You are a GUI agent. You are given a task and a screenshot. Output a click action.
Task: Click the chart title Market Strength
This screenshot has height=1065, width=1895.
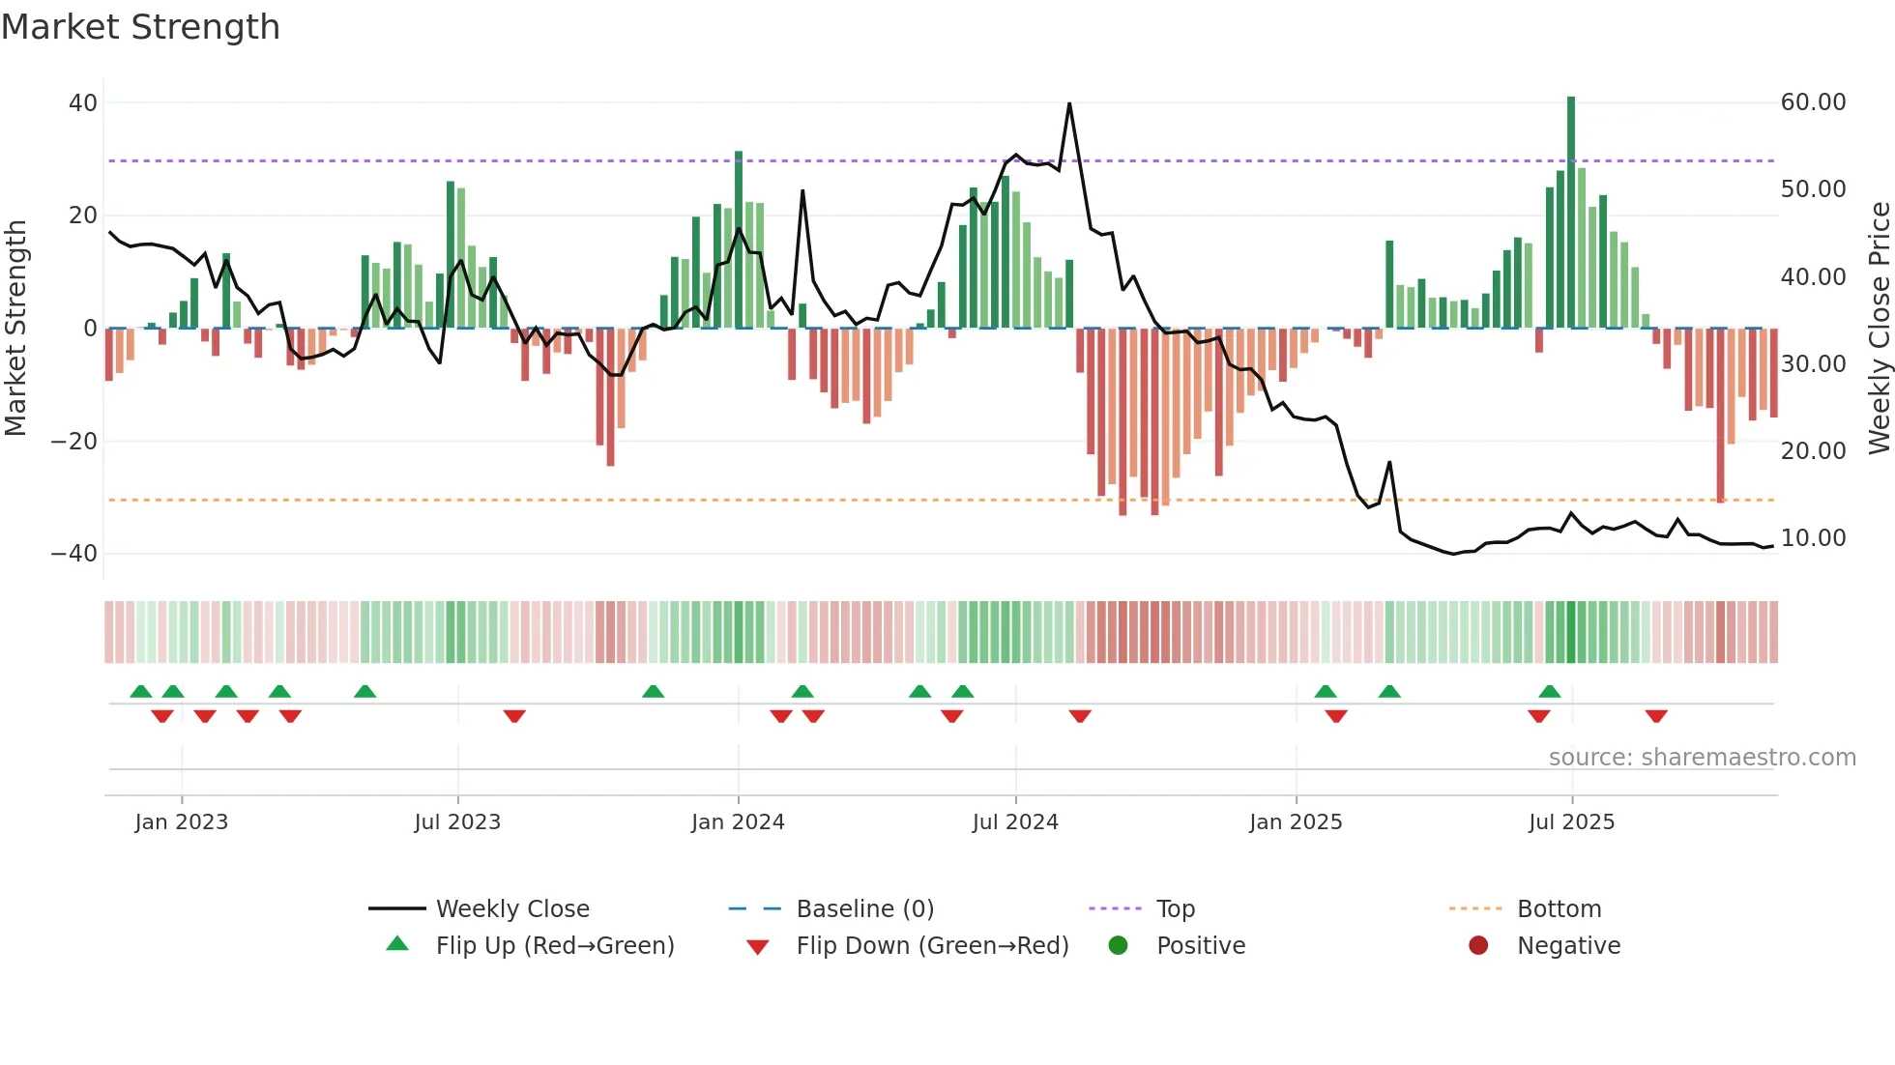(140, 27)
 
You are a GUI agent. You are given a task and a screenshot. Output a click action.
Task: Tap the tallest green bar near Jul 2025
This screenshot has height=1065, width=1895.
(1571, 213)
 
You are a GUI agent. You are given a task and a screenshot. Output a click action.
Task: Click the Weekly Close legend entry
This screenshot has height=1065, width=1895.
(512, 909)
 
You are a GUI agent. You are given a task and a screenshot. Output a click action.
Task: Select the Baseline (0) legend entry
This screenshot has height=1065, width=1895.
(864, 909)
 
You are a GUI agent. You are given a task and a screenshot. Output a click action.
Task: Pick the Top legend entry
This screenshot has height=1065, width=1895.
(1175, 909)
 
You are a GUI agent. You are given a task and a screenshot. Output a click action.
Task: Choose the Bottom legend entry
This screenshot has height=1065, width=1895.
(1559, 909)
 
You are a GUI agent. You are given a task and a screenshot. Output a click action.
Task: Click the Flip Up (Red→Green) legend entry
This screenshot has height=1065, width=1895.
(554, 946)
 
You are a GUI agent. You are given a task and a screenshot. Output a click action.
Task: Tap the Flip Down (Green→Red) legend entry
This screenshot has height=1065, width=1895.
(932, 946)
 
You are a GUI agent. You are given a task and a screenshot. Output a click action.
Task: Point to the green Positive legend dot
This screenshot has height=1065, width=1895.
(1119, 946)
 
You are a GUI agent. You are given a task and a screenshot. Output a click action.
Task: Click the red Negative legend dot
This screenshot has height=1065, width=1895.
(1478, 946)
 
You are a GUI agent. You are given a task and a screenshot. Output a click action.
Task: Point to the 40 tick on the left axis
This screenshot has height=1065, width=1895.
(83, 102)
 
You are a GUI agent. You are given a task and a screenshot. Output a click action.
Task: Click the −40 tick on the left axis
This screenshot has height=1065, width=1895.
(74, 554)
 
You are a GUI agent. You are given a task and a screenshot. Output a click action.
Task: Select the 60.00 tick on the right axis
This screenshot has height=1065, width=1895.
(1813, 102)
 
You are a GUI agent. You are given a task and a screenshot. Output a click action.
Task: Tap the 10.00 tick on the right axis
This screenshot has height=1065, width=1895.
(1813, 538)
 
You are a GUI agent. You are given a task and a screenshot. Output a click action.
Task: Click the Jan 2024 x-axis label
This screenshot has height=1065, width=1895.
(738, 822)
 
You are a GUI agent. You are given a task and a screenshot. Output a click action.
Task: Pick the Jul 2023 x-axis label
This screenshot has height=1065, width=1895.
(457, 822)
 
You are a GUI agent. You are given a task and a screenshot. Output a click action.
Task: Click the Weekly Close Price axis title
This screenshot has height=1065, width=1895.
(1879, 329)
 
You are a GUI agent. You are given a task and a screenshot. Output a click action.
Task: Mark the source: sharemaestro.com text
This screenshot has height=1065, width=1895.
(1702, 758)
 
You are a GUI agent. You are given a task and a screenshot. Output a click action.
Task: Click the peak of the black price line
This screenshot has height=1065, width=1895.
(1069, 103)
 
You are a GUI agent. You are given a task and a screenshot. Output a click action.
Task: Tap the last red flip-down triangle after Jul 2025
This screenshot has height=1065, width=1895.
(1656, 716)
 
